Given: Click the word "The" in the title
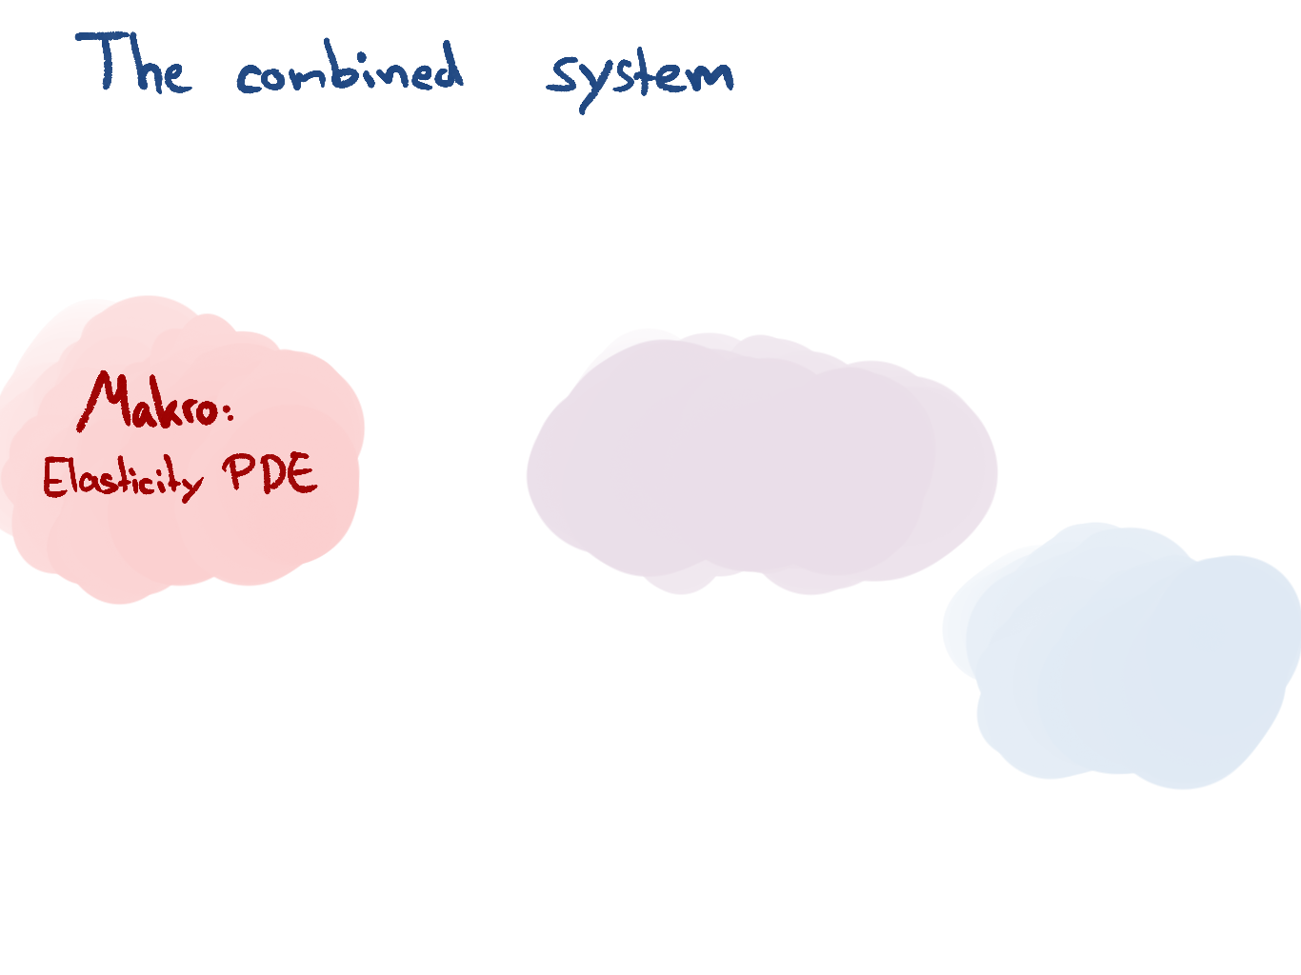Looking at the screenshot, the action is pos(133,62).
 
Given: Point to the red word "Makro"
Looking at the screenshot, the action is pos(149,401).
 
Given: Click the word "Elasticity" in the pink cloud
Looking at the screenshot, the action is pos(123,479).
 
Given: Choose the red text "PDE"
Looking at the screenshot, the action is pos(270,472).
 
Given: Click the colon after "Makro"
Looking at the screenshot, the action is pos(230,410).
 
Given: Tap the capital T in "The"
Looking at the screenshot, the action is pos(102,60).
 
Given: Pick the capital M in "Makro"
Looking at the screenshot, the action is pos(104,401).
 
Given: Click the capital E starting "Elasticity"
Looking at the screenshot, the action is pos(54,477).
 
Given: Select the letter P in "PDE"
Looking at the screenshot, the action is pos(236,472).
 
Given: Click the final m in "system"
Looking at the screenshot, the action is pos(711,77).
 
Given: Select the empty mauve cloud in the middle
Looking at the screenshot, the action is pos(762,463).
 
